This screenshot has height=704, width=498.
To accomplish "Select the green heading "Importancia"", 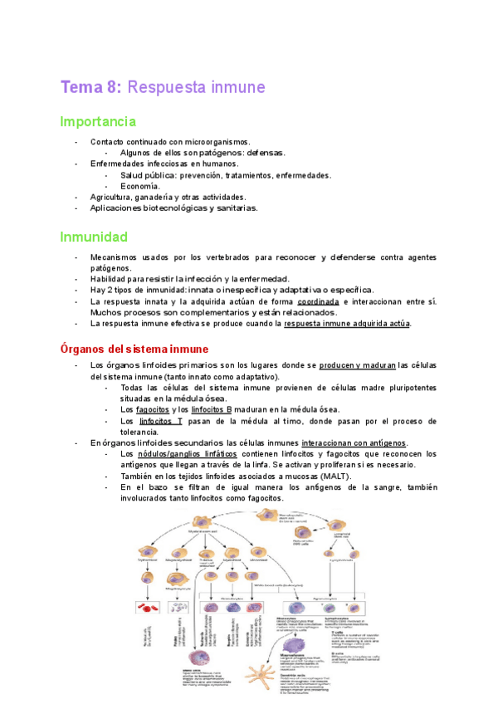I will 97,121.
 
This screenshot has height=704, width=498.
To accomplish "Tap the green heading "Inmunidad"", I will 93,237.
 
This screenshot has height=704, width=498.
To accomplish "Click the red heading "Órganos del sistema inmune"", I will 134,348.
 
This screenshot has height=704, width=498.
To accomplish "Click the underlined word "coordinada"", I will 318,301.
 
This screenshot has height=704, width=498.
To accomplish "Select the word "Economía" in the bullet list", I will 140,186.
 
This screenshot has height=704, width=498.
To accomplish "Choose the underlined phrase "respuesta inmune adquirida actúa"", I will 347,324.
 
